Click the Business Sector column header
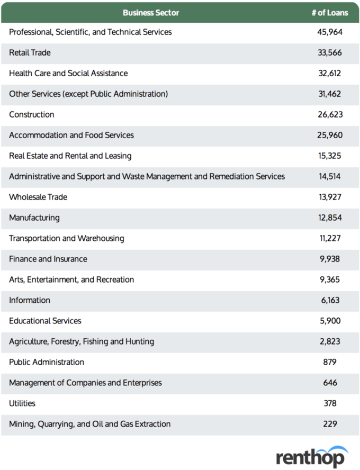pyautogui.click(x=151, y=13)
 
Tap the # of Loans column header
pyautogui.click(x=330, y=13)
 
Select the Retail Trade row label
pyautogui.click(x=30, y=52)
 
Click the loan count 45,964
pyautogui.click(x=330, y=32)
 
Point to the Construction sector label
pyautogui.click(x=31, y=114)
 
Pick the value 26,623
pyautogui.click(x=330, y=114)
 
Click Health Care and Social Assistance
pyautogui.click(x=68, y=73)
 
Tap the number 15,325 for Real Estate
pyautogui.click(x=330, y=156)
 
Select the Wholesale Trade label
pyautogui.click(x=38, y=197)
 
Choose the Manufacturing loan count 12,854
pyautogui.click(x=330, y=218)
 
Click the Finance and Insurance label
pyautogui.click(x=48, y=259)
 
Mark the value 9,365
pyautogui.click(x=330, y=279)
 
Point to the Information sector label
pyautogui.click(x=29, y=300)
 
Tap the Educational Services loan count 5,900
pyautogui.click(x=330, y=321)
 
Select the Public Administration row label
pyautogui.click(x=47, y=362)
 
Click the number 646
pyautogui.click(x=330, y=383)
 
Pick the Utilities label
pyautogui.click(x=22, y=403)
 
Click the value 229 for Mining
pyautogui.click(x=330, y=424)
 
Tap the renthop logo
pyautogui.click(x=312, y=457)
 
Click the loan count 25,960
pyautogui.click(x=330, y=135)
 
